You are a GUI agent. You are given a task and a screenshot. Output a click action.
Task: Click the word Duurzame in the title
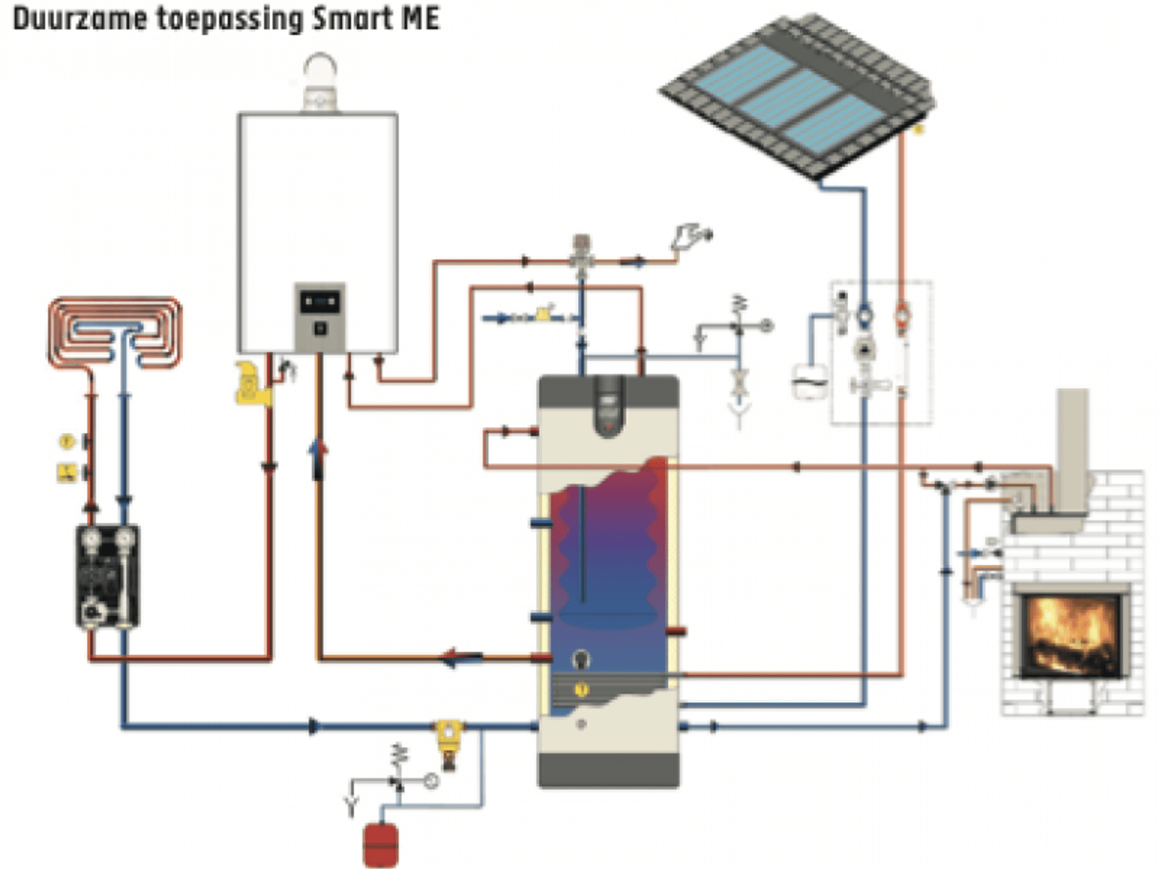[79, 18]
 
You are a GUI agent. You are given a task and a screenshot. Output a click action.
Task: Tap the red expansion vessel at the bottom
[380, 845]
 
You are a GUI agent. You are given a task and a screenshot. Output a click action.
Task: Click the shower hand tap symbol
[691, 237]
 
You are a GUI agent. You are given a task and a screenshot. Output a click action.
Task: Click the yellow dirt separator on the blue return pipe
[448, 736]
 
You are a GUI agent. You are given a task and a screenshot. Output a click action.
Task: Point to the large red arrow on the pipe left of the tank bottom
[461, 657]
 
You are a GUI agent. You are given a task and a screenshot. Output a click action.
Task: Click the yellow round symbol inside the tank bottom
[582, 690]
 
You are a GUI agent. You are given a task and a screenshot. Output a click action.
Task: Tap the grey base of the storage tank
[608, 769]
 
